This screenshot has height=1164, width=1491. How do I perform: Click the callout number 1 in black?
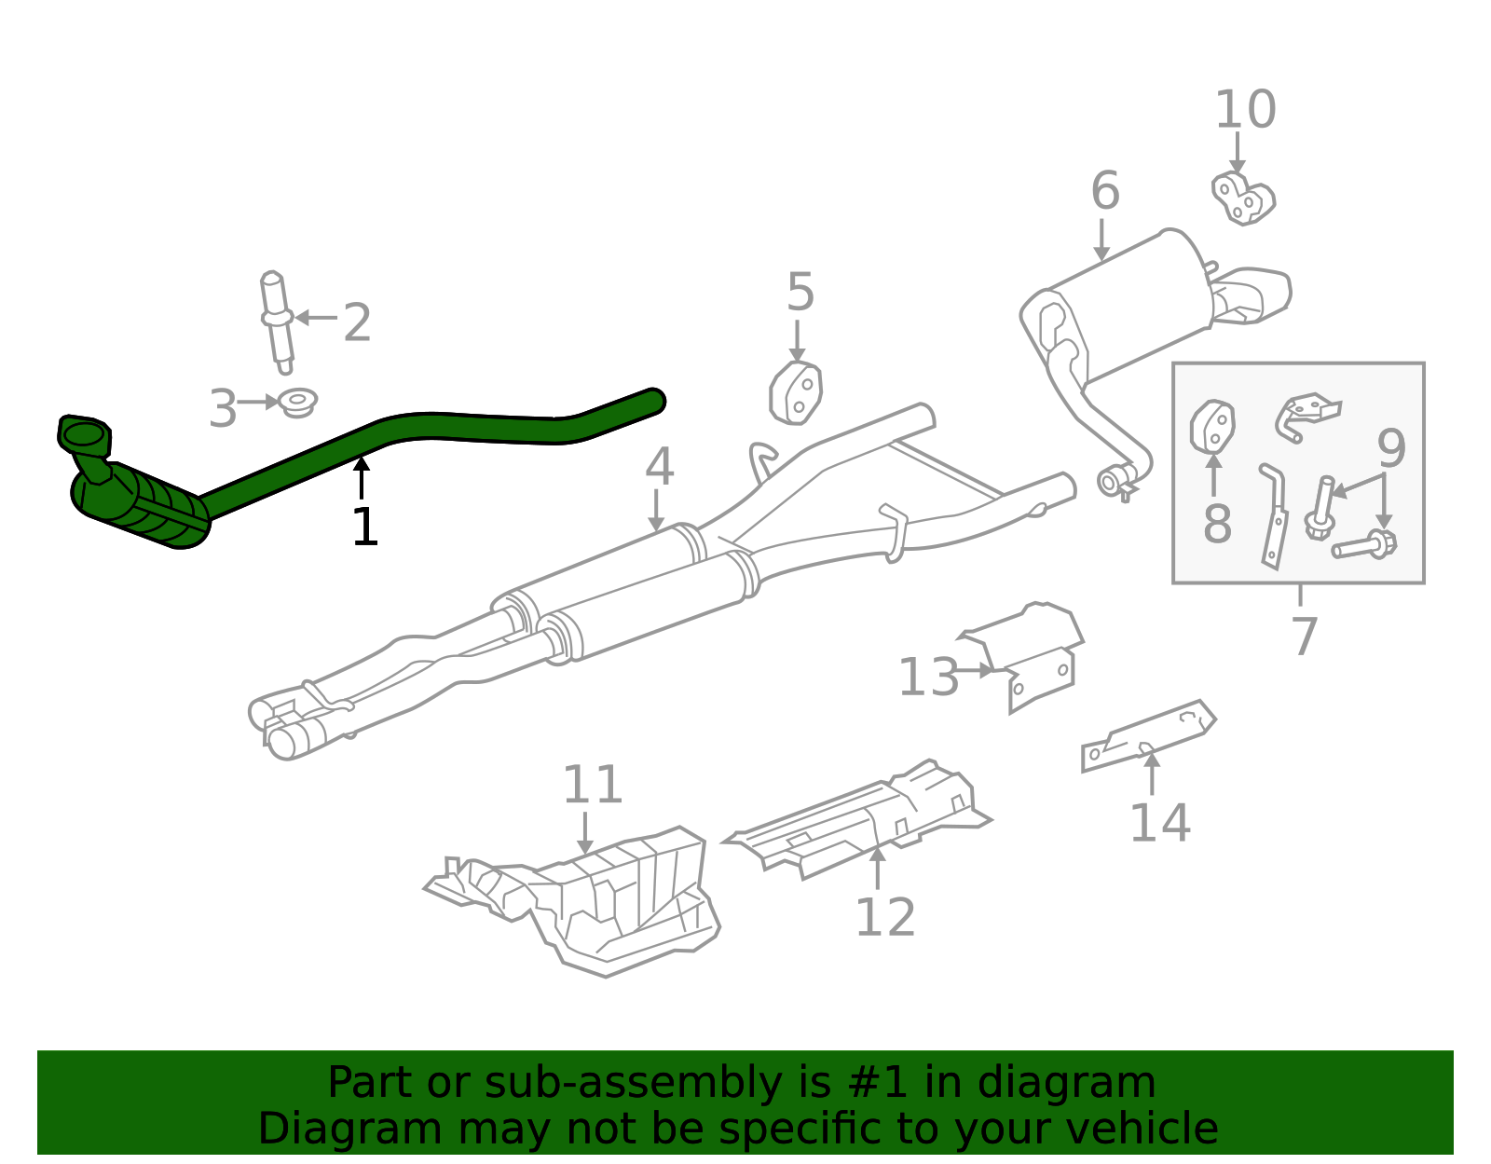coord(365,527)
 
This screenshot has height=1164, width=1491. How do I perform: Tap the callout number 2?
coord(358,322)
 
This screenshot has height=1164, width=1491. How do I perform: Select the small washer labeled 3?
coord(298,402)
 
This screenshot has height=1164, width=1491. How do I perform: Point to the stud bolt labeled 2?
coord(277,322)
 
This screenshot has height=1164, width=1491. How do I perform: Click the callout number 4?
coord(659,466)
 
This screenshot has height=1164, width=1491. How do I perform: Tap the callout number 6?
coord(1105,190)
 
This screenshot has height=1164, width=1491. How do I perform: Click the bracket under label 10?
coord(1242,199)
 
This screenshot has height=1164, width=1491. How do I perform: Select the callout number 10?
coord(1245,110)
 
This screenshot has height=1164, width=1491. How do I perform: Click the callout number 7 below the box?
coord(1305,636)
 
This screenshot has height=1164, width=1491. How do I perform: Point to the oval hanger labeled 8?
coord(1211,428)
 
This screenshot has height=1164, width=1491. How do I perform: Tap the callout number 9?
coord(1391,448)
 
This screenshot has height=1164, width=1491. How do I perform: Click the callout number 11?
coord(593,785)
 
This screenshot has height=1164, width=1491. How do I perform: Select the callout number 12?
coord(885,917)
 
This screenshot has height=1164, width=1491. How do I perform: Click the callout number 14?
coord(1159,822)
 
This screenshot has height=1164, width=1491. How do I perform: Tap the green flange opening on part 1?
coord(84,436)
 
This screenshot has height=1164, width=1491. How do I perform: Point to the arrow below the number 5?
coord(797,341)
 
